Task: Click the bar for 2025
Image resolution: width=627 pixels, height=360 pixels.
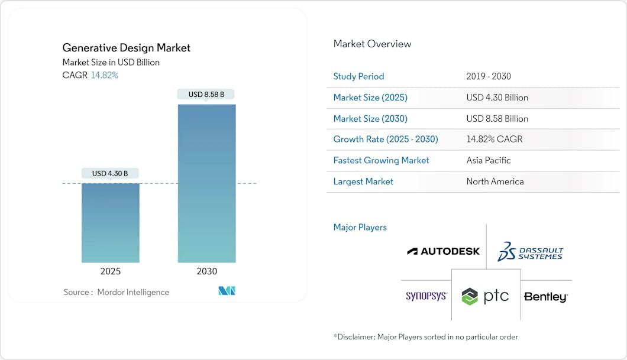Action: [111, 223]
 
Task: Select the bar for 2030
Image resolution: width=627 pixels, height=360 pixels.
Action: [206, 183]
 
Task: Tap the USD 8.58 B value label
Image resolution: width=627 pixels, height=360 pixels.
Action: [206, 94]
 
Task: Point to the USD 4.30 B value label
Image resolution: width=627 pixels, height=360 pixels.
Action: [111, 173]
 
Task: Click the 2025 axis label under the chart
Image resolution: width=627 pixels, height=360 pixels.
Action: [111, 271]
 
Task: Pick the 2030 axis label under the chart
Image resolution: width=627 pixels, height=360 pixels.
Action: [206, 271]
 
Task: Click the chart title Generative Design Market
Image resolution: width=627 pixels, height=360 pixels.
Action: [127, 48]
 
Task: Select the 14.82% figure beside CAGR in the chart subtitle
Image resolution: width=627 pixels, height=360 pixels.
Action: [104, 75]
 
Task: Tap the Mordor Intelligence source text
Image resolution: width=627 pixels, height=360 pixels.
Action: [133, 292]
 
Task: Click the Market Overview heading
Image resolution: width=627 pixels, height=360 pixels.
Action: [372, 44]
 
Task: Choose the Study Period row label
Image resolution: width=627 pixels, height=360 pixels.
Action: [358, 76]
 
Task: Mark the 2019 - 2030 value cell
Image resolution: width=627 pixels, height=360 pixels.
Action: [488, 76]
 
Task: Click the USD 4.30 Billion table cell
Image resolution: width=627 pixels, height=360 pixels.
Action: [497, 98]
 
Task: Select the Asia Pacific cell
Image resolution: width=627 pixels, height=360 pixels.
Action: [488, 160]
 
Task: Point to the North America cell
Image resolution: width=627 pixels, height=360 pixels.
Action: [495, 181]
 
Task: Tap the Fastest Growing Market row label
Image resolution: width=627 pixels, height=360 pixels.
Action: [381, 160]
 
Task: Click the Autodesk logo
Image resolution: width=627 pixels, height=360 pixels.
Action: [443, 251]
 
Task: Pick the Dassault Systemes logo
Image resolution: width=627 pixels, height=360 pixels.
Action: [530, 251]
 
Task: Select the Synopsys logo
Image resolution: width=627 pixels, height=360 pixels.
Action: [426, 296]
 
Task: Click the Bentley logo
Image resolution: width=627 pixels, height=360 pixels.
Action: [545, 297]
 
